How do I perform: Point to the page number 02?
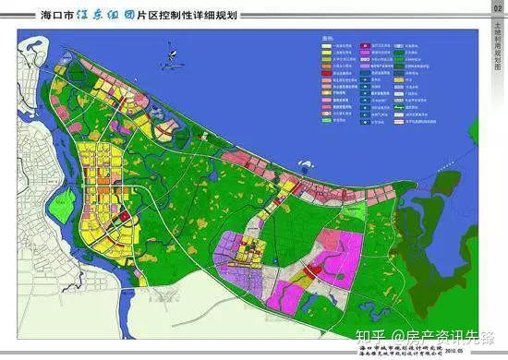[x=496, y=8]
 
